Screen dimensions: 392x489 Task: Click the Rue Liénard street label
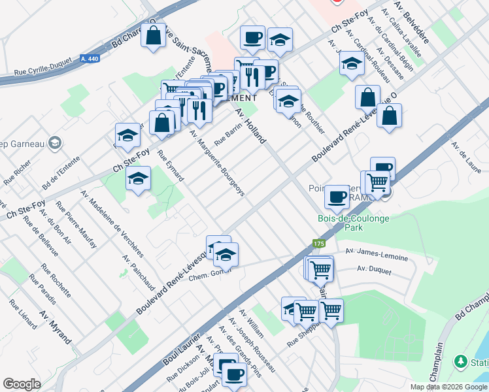point(22,314)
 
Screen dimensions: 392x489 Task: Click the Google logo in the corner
point(22,384)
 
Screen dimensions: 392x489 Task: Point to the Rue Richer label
point(17,172)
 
